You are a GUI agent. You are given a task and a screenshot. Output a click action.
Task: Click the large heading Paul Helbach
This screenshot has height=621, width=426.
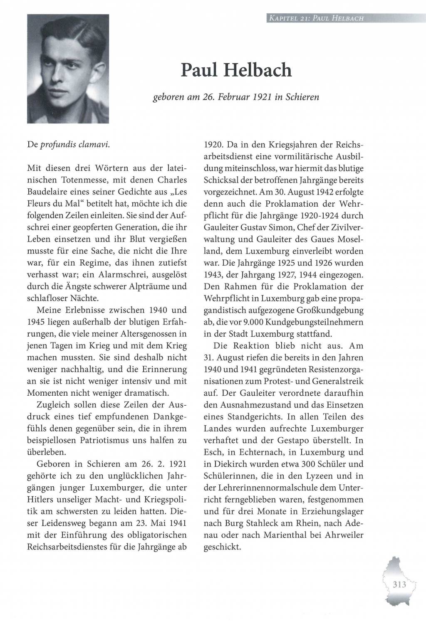click(x=236, y=71)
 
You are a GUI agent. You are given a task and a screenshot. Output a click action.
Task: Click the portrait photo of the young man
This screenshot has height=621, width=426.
click(x=68, y=69)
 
